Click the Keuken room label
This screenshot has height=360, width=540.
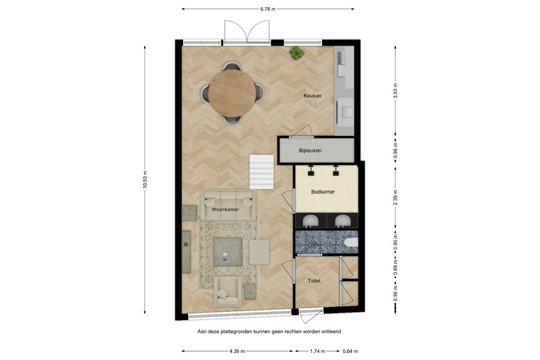click(x=313, y=96)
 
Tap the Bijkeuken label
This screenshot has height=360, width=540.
click(x=310, y=151)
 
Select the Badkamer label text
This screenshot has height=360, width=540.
click(x=323, y=192)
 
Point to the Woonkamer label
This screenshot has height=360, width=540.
click(x=225, y=209)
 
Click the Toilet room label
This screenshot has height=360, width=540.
click(x=314, y=281)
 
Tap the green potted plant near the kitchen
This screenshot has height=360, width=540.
click(x=296, y=53)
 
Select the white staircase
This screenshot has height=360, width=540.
click(x=262, y=172)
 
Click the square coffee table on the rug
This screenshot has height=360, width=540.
click(x=227, y=252)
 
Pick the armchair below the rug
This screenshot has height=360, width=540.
click(x=227, y=292)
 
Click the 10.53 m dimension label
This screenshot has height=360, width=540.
click(x=145, y=179)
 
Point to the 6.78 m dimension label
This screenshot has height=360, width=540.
click(x=268, y=9)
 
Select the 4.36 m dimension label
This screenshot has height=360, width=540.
click(x=237, y=352)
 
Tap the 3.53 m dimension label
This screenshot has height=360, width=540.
click(x=395, y=91)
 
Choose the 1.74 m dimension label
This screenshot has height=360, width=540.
click(x=317, y=352)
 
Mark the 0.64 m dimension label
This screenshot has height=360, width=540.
click(x=350, y=352)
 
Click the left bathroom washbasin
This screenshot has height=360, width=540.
click(x=311, y=220)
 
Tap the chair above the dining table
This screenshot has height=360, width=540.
click(x=232, y=66)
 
